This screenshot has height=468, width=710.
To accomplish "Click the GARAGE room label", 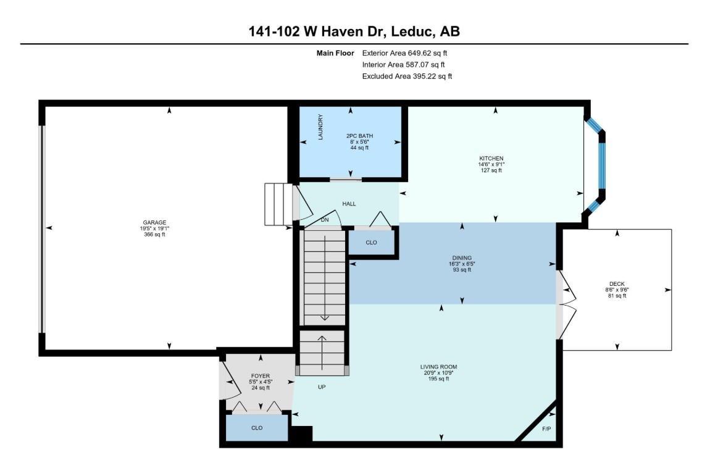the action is coord(154,223).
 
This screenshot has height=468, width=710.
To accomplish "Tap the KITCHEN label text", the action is coord(491,159).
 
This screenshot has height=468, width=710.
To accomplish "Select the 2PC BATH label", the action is coord(359,136).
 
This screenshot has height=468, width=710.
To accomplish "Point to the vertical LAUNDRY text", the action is coord(320,127).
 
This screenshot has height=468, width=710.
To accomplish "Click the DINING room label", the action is coord(462,258).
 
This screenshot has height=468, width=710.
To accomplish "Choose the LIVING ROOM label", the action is coord(439,367).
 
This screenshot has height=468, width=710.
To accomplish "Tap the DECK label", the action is coord(617,284).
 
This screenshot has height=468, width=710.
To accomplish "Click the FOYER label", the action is coord(261,376).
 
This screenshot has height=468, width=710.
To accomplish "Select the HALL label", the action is coord(349,204).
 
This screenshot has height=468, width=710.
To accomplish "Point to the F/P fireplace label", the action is coord(546,428).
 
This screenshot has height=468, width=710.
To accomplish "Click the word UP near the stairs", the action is coord(322,387).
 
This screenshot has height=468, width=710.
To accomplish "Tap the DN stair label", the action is coord(325,220).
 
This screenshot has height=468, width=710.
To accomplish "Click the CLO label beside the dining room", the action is coord(371,243).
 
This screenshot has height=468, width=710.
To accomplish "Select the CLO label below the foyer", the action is coord(257,428).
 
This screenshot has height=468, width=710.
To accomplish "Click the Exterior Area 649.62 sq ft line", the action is coord(404,53).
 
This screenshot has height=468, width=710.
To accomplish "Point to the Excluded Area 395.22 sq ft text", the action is coord(407,77).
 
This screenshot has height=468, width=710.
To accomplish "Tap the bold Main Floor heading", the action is coord(335,53).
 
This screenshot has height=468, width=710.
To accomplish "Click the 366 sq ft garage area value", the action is coord(154,235).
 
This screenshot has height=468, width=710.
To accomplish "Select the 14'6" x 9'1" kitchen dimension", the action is coord(491,165).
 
